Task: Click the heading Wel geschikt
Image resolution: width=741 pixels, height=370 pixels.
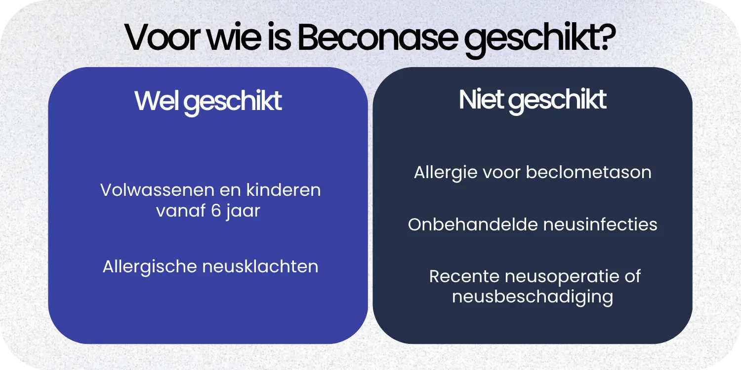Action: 208,101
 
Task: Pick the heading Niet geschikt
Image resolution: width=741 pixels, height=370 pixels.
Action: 533,100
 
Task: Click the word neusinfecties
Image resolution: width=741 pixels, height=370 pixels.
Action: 600,224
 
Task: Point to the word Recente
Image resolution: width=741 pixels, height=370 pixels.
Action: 457,276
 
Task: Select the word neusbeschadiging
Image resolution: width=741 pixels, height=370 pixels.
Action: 533,297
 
